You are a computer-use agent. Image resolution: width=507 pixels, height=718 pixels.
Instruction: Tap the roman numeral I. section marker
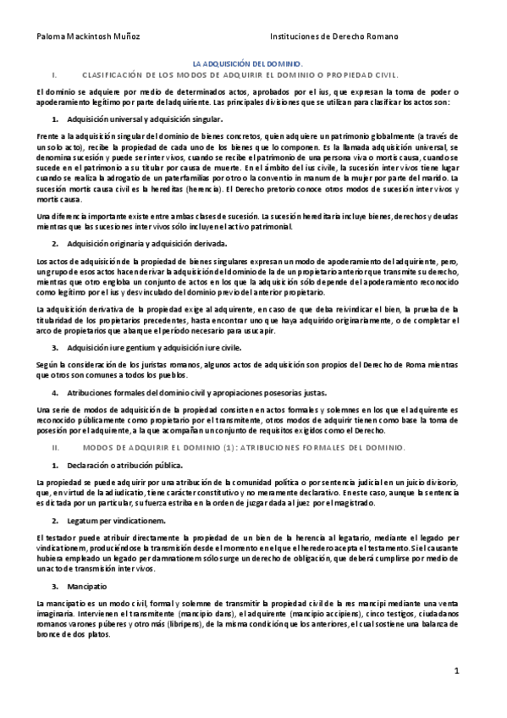tap(53, 75)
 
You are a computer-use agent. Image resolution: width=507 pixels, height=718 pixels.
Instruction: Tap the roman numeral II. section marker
tap(55, 446)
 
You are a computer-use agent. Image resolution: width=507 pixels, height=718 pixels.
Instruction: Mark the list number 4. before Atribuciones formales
tap(55, 393)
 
